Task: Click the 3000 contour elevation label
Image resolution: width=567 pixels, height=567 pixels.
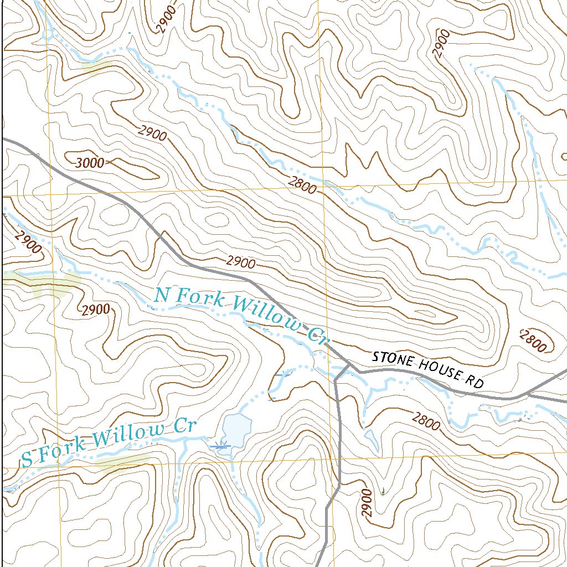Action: (x=90, y=163)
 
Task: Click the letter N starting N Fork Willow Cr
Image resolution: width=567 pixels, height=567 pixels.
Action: (x=161, y=295)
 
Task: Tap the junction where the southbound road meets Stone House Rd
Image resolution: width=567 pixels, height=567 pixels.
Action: (x=348, y=366)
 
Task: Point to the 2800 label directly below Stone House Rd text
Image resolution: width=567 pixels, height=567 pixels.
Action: (x=426, y=421)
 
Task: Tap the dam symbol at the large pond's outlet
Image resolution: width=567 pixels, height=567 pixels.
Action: (x=221, y=445)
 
